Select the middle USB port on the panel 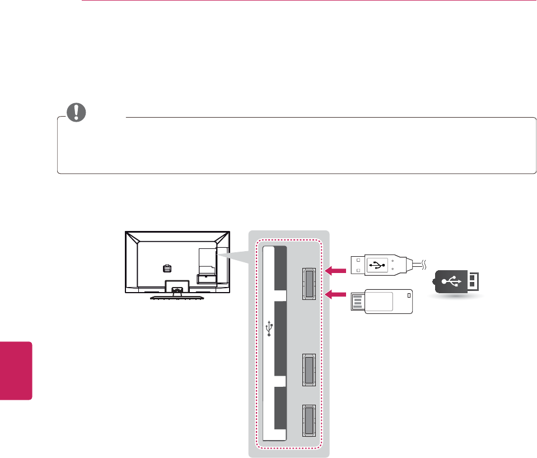pyautogui.click(x=309, y=370)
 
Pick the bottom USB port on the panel pyautogui.click(x=309, y=420)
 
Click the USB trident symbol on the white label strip pyautogui.click(x=270, y=328)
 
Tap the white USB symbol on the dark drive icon pyautogui.click(x=450, y=280)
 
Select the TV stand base pyautogui.click(x=178, y=297)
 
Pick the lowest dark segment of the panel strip pyautogui.click(x=281, y=408)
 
